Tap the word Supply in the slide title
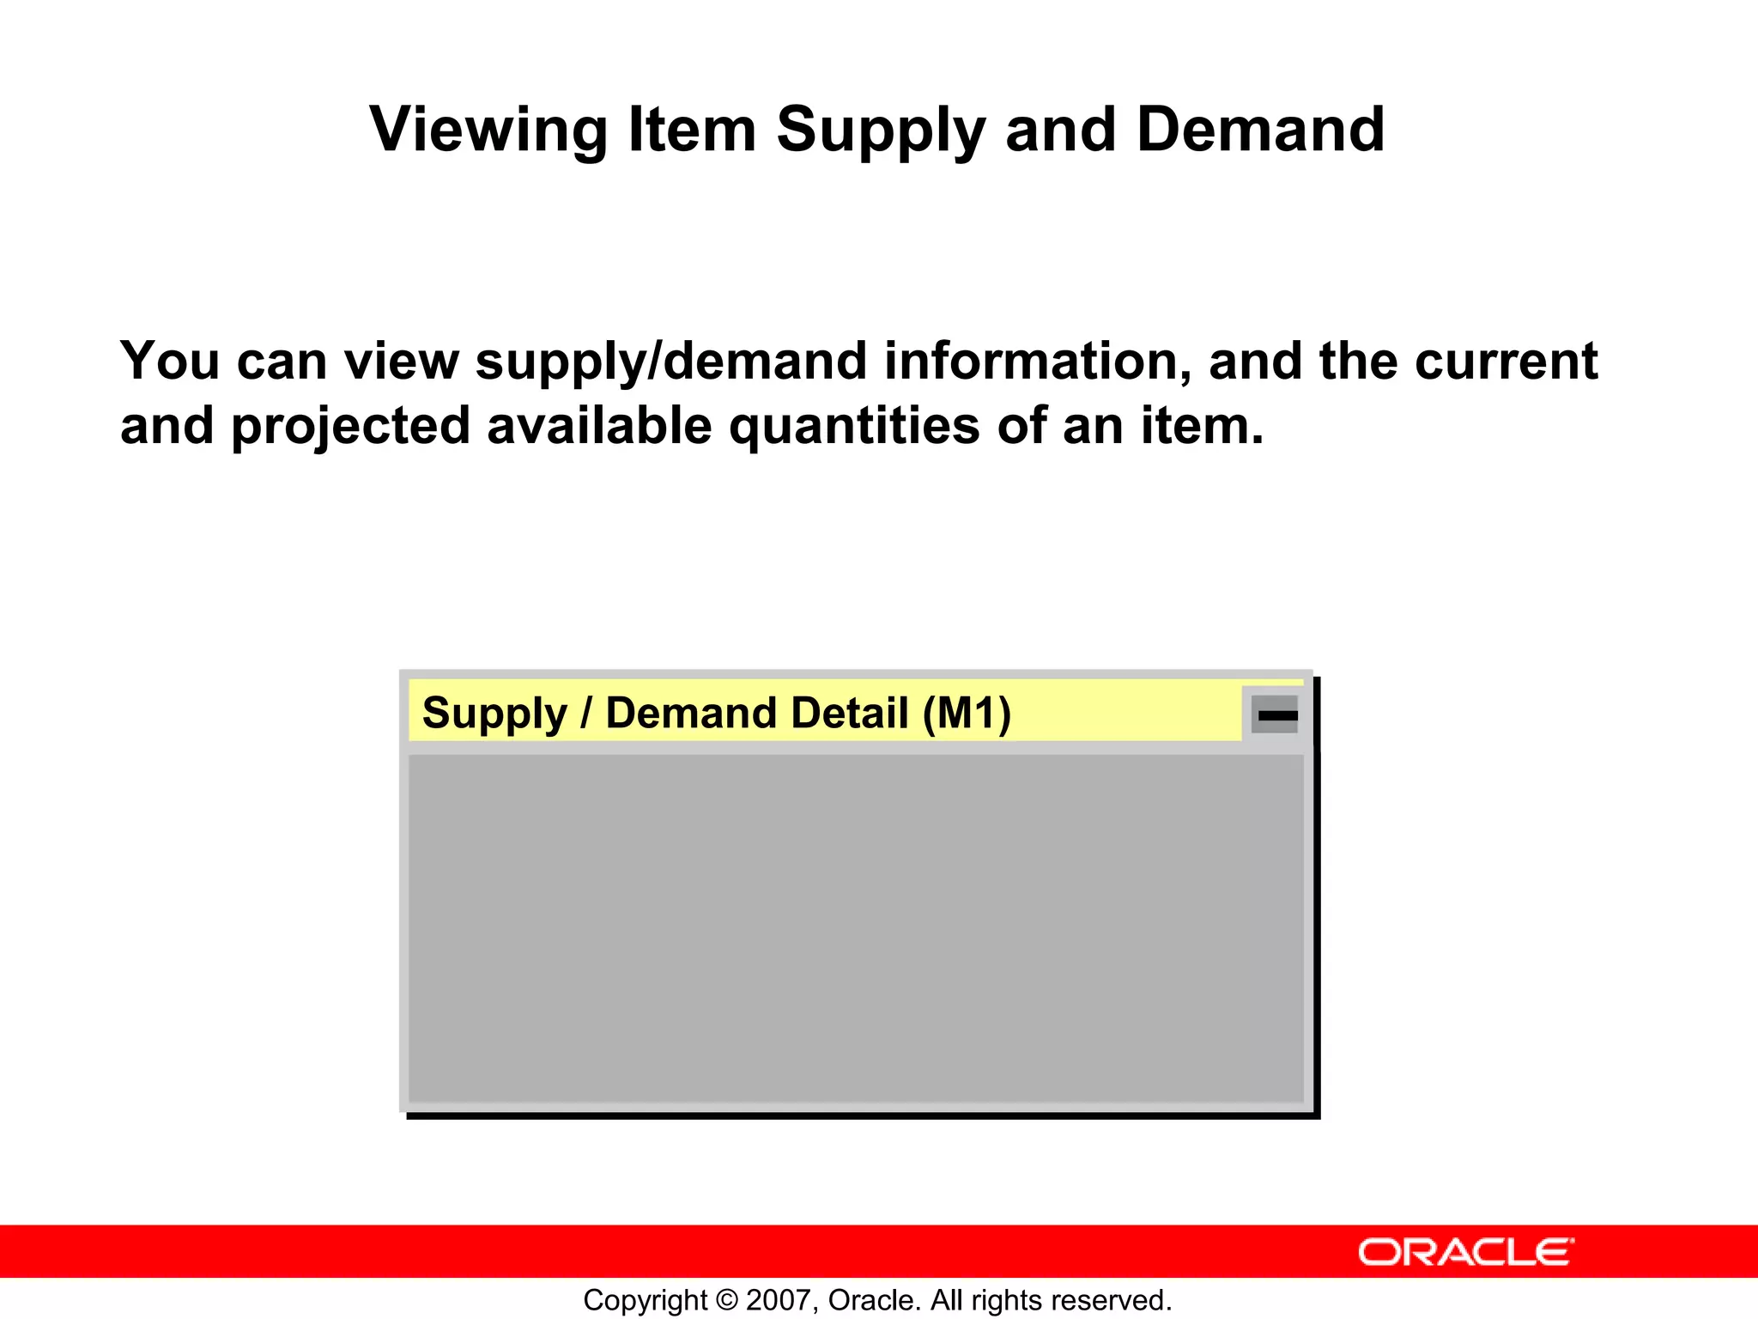[x=880, y=131]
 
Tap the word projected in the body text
[x=351, y=427]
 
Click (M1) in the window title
[x=967, y=713]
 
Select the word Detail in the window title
[x=849, y=713]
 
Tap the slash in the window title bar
[x=586, y=713]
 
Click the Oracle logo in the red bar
[x=1465, y=1252]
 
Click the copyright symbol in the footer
[x=727, y=1300]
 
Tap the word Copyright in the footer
[x=645, y=1300]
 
